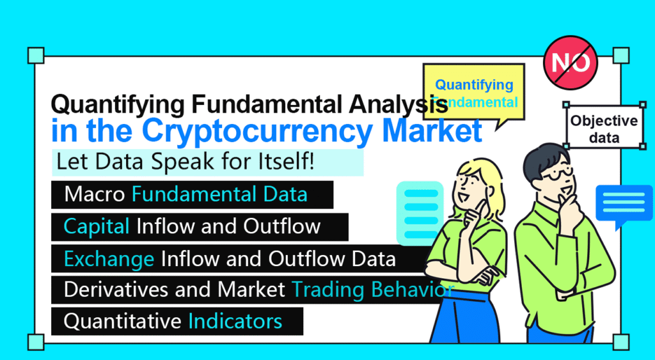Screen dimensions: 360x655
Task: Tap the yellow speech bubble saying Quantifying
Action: [x=473, y=93]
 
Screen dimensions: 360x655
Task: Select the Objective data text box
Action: [x=604, y=128]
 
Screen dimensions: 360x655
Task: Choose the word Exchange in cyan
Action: [x=109, y=258]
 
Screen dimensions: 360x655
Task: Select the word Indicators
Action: [x=235, y=321]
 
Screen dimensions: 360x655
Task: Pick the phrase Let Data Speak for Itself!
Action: [x=185, y=162]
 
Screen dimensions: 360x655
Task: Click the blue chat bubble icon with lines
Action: [x=624, y=203]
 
